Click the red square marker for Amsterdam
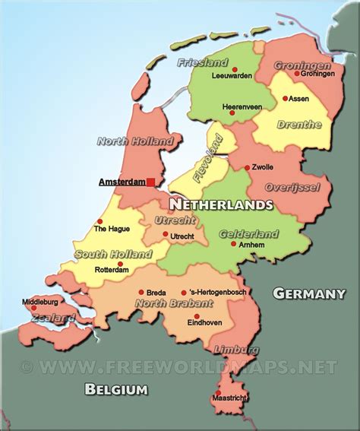point(151,182)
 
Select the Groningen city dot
point(297,74)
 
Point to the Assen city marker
point(286,98)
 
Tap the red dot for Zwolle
point(247,167)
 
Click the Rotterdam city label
point(110,270)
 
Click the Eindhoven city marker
point(197,316)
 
